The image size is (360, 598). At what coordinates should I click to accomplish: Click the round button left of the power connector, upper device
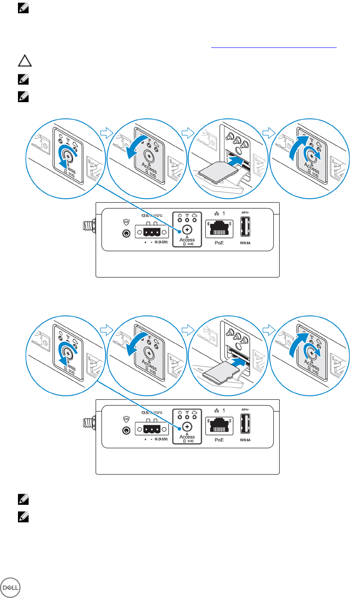coord(126,234)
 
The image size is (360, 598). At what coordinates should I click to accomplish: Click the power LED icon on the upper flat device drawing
coord(179,215)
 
